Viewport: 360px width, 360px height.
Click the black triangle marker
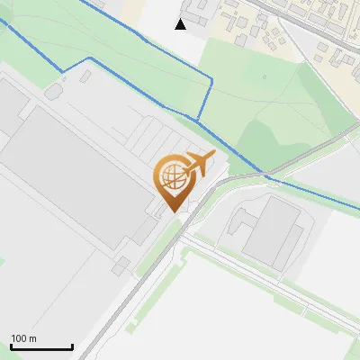coord(181,24)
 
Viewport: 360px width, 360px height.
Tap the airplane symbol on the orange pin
coord(197,165)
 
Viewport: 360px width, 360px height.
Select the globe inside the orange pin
coord(171,176)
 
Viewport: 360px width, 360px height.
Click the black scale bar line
coord(41,346)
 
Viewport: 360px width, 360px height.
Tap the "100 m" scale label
coord(24,338)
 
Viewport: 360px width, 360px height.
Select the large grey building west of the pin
coord(72,180)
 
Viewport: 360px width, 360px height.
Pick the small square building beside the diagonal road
coord(120,265)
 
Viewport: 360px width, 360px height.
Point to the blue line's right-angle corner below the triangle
coord(211,81)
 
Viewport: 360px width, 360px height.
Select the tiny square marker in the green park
coord(265,76)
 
